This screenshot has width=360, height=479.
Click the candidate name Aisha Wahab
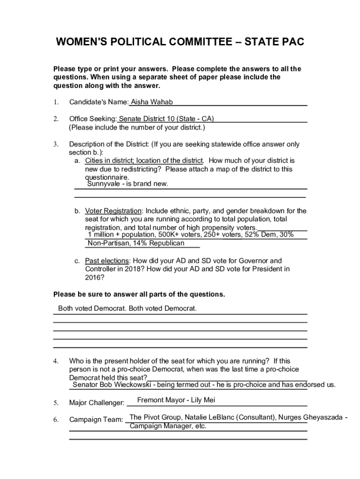[x=148, y=102]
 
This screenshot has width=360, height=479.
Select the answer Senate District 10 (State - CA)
[x=166, y=119]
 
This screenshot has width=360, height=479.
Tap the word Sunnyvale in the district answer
[x=103, y=184]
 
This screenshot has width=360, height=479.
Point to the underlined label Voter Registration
[x=113, y=211]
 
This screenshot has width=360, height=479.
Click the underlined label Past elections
[x=107, y=261]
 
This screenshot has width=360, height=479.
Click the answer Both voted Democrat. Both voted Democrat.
[x=127, y=309]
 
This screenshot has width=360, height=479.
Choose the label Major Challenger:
[x=97, y=403]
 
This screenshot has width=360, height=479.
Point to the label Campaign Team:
[x=96, y=420]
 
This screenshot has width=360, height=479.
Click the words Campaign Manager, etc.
[x=168, y=426]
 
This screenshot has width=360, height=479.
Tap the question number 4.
[x=55, y=361]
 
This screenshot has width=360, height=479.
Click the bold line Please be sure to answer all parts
[x=139, y=295]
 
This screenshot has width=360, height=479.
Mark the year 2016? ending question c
[x=94, y=277]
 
